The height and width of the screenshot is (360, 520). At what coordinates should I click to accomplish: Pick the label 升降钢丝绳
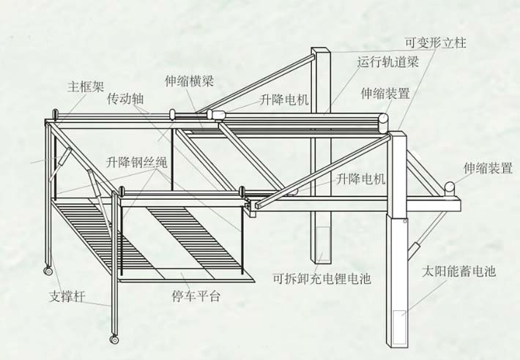click(136, 162)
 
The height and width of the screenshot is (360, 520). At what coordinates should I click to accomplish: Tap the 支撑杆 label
click(68, 297)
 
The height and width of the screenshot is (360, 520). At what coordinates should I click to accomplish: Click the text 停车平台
click(196, 297)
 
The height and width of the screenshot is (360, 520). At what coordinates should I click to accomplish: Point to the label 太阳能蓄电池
click(459, 272)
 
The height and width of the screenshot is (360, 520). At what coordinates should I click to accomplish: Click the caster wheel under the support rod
click(114, 339)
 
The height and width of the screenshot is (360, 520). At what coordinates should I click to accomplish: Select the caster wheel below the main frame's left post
click(48, 272)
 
